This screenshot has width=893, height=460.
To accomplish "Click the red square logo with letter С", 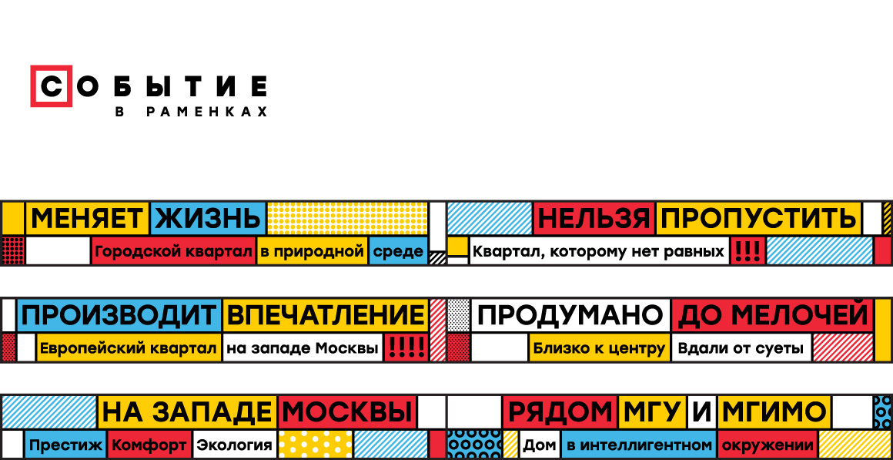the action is pyautogui.click(x=52, y=86).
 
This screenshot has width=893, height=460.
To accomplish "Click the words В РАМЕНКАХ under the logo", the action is pyautogui.click(x=191, y=112).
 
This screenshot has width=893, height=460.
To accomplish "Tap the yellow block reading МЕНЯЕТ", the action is pyautogui.click(x=87, y=219).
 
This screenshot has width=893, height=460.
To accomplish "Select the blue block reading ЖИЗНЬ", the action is pyautogui.click(x=208, y=219).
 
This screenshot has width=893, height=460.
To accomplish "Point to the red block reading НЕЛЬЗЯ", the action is pyautogui.click(x=594, y=219).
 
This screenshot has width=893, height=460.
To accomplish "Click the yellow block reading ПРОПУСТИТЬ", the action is pyautogui.click(x=758, y=219).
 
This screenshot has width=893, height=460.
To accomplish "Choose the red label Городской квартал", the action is pyautogui.click(x=173, y=251).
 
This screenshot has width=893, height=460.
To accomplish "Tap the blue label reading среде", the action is pyautogui.click(x=398, y=251).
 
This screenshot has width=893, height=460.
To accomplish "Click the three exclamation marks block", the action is pyautogui.click(x=746, y=251).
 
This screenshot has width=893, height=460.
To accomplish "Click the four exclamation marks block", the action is pyautogui.click(x=405, y=348).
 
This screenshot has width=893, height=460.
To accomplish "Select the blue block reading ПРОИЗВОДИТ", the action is pyautogui.click(x=119, y=315).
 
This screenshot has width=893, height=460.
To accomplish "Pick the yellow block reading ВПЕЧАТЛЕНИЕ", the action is pyautogui.click(x=326, y=315).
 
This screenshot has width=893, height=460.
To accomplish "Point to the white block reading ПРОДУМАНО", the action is pyautogui.click(x=570, y=315).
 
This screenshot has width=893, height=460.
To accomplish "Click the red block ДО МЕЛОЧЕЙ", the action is pyautogui.click(x=771, y=315).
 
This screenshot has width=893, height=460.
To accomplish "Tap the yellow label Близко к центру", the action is pyautogui.click(x=599, y=348).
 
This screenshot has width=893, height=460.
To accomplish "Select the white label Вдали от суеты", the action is pyautogui.click(x=741, y=348).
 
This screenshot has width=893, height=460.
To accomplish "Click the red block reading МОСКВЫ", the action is pyautogui.click(x=346, y=412).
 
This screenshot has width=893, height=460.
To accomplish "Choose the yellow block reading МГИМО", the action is pyautogui.click(x=773, y=412).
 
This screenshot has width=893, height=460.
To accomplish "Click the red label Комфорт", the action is pyautogui.click(x=149, y=445).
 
